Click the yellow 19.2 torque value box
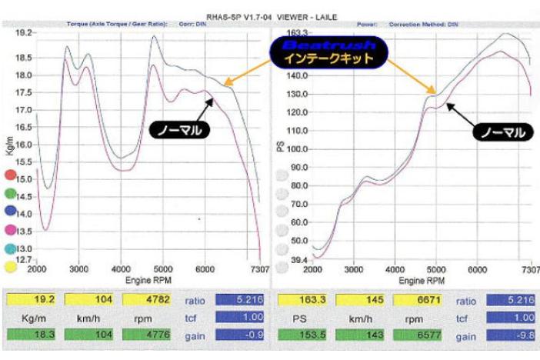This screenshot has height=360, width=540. (32, 300)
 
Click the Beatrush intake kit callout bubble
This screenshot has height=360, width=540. (328, 52)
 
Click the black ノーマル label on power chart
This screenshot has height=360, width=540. (501, 132)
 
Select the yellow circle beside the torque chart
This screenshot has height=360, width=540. (11, 267)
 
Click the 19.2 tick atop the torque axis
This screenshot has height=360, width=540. (25, 33)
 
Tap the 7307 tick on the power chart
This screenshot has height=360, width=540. (530, 272)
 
